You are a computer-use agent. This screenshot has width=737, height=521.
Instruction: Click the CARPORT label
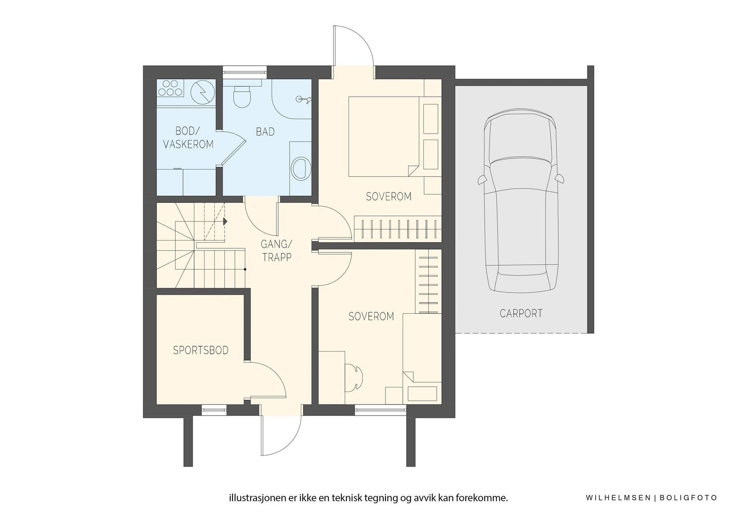pos(521,313)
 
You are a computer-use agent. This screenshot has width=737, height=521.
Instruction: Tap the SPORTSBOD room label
pos(201,350)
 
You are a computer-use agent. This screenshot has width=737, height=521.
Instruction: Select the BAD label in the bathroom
pos(265,132)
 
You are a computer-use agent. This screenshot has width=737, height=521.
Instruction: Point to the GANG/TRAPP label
pos(276,251)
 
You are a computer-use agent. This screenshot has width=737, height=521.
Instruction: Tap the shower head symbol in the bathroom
pos(304,99)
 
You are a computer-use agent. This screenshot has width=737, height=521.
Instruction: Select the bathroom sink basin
pos(301,168)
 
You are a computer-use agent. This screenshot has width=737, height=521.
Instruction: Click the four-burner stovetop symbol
pos(170,88)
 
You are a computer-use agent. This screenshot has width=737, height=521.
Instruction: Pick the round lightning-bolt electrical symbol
pos(203,92)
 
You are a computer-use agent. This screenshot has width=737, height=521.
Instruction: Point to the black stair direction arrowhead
pos(225,222)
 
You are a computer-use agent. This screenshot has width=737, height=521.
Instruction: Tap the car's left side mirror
pos(482,179)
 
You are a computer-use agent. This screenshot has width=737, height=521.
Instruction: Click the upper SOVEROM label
pos(389,197)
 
